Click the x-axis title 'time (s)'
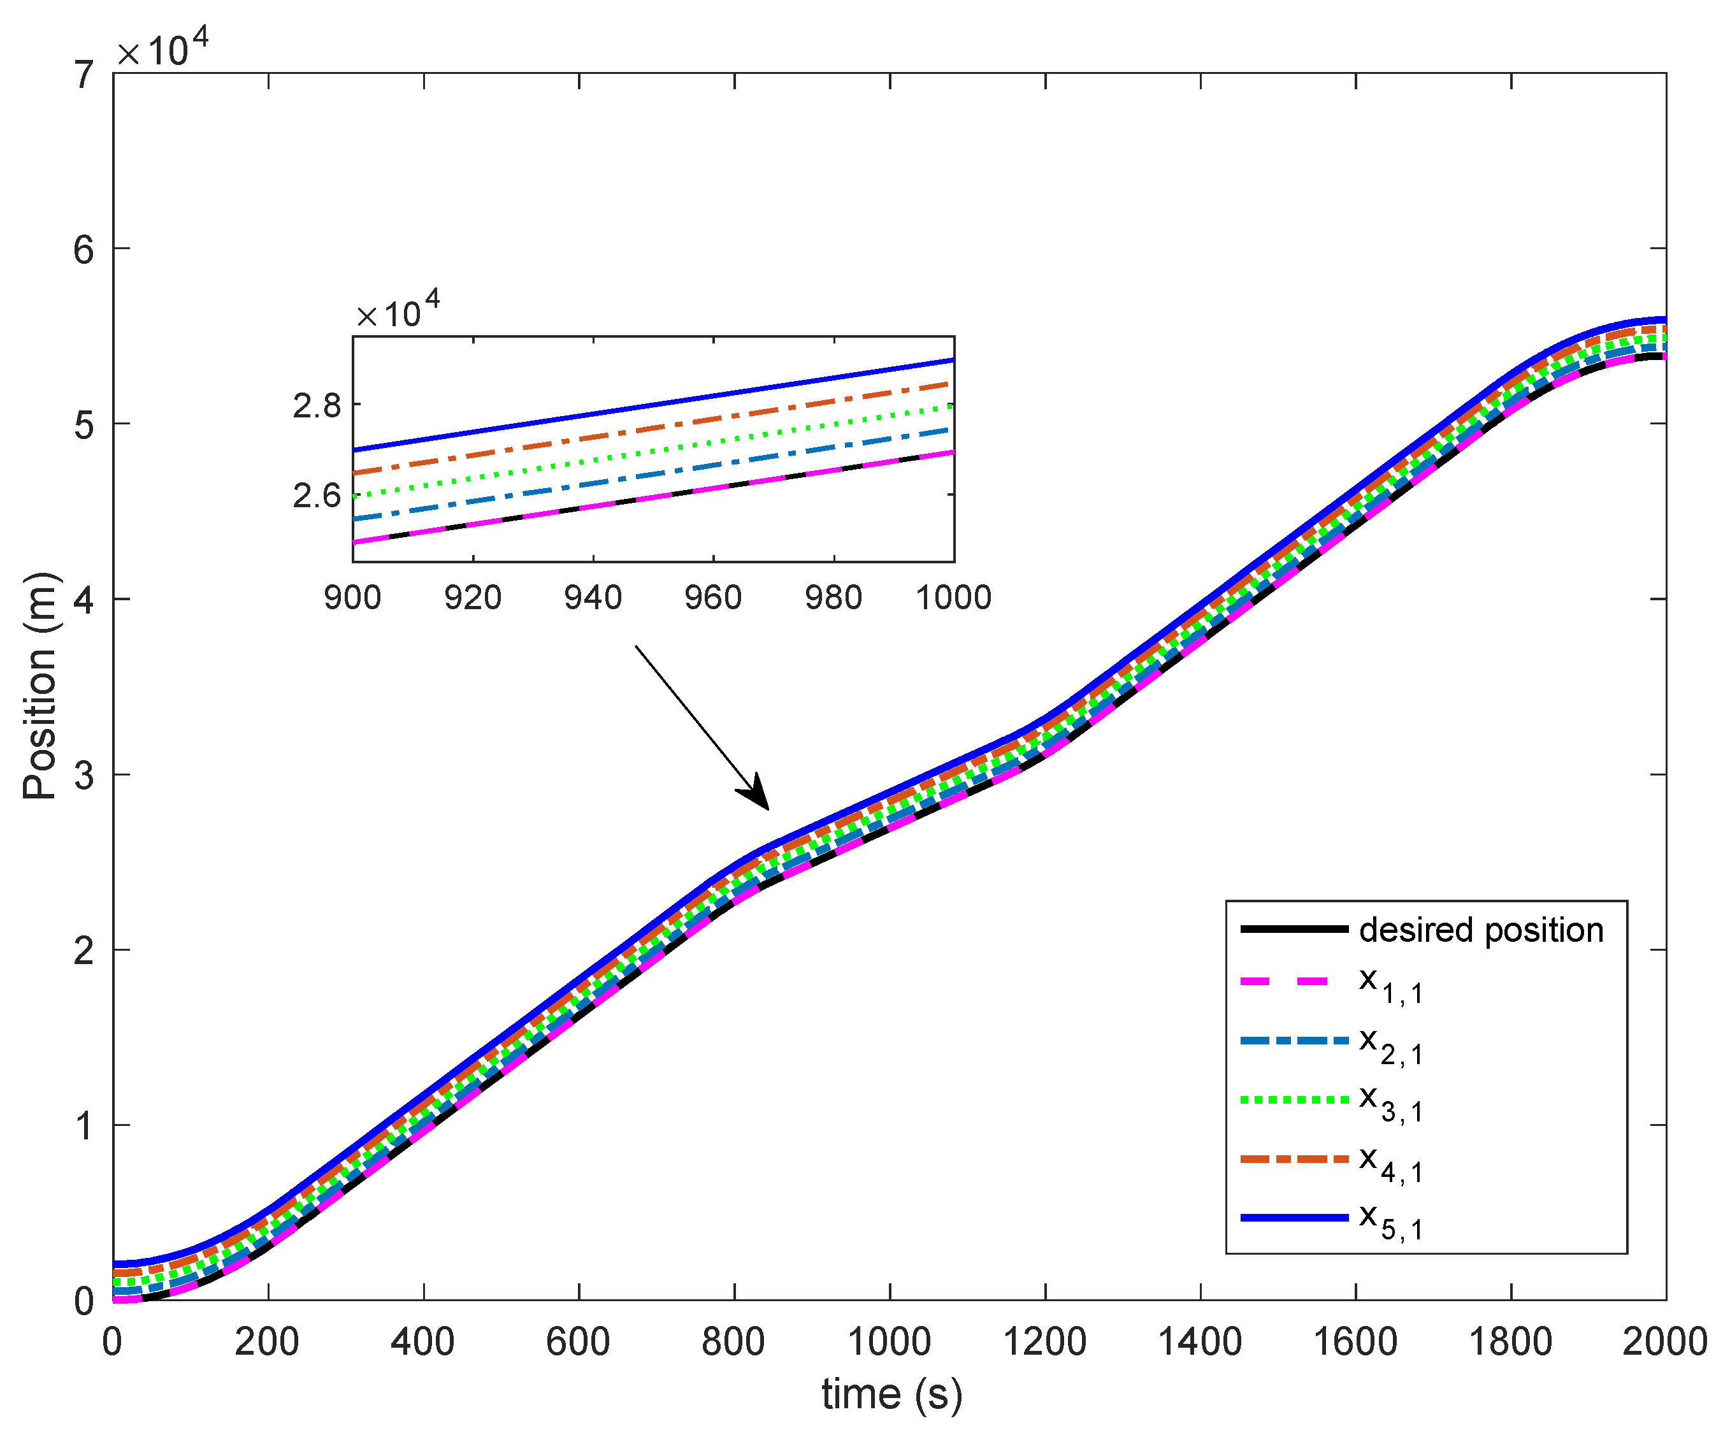point(891,1394)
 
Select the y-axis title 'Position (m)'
point(40,686)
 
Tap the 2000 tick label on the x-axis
point(1664,1341)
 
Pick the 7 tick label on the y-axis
point(83,76)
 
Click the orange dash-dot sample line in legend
point(1294,1159)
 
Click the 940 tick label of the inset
point(593,597)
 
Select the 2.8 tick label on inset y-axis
point(316,405)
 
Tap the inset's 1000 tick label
point(953,597)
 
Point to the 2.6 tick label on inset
point(316,495)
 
